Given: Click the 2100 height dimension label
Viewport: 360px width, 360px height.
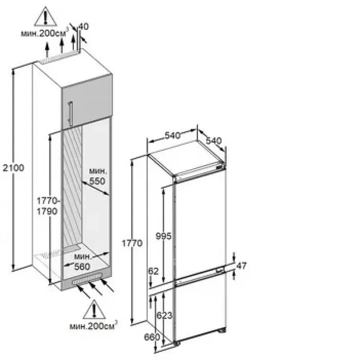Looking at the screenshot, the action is click(x=13, y=168).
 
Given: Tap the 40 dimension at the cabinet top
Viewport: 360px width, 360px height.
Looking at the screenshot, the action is click(x=84, y=27).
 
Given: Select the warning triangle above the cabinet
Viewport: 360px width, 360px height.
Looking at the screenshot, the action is click(x=45, y=16).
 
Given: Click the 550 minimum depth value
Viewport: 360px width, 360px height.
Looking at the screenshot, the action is click(x=97, y=181).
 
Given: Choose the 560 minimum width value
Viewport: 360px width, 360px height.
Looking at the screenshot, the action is click(x=82, y=266).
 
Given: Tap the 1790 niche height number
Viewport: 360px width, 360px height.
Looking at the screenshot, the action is click(x=47, y=211).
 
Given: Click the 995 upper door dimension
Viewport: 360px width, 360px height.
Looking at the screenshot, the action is click(x=163, y=236).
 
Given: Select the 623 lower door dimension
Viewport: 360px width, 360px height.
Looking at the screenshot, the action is click(x=164, y=315).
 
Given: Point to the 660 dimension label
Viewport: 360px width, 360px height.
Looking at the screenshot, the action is click(x=152, y=337).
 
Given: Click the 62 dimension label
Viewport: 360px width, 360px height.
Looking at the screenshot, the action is click(x=153, y=271).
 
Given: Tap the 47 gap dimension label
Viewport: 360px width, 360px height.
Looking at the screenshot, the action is click(x=241, y=265).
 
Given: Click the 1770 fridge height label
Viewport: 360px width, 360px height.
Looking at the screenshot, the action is click(x=132, y=243).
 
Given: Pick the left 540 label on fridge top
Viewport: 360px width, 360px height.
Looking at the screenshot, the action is click(x=172, y=135).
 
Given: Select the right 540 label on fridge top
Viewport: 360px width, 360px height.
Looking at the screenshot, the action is click(x=213, y=140).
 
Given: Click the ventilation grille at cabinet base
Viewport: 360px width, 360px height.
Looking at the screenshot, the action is click(x=87, y=279).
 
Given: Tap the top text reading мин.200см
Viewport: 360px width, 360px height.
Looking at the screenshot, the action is click(x=45, y=33).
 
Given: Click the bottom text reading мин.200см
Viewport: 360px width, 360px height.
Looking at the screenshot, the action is click(x=94, y=326).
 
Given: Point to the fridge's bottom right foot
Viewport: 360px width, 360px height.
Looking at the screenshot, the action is click(x=222, y=330).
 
